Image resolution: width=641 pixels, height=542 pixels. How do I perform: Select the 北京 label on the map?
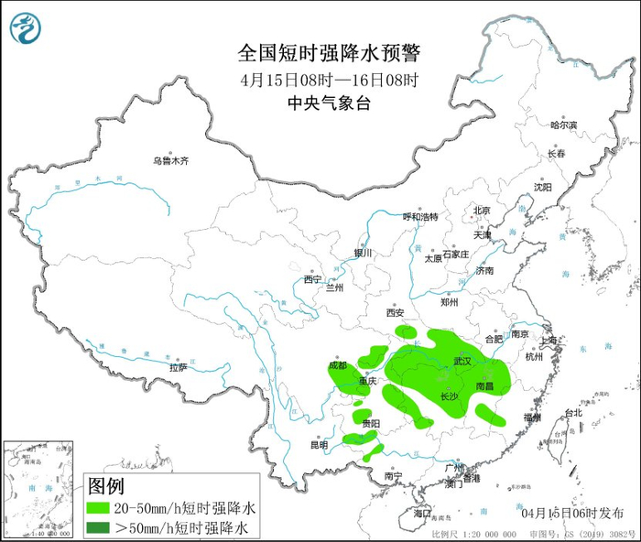click(482, 211)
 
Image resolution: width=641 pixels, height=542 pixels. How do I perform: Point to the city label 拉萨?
click(178, 367)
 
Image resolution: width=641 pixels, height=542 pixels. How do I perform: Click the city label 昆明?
click(318, 445)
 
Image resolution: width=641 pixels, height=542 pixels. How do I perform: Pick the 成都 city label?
click(338, 365)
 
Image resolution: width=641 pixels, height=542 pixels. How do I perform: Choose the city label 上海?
click(549, 341)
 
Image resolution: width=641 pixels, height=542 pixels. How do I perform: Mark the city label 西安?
click(395, 312)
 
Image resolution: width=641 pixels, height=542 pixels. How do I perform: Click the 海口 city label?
click(422, 515)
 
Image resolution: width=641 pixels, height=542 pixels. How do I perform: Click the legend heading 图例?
click(105, 485)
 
